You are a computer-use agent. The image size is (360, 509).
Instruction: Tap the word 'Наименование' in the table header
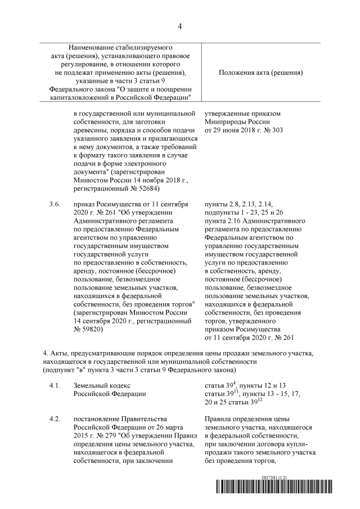(98, 49)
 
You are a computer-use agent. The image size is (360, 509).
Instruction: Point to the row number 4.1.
(55, 385)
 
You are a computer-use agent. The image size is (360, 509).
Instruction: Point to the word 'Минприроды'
(227, 121)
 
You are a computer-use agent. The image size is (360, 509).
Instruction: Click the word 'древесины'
(92, 130)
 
